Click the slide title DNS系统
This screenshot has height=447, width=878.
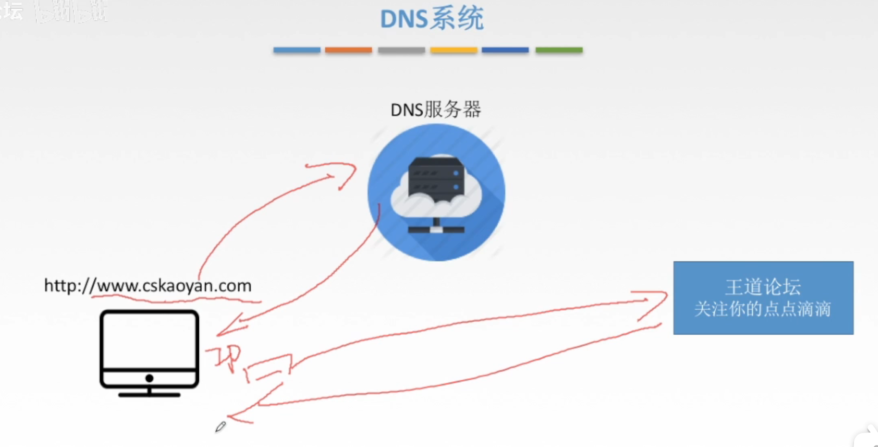(x=432, y=19)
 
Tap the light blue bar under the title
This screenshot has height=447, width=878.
(x=297, y=50)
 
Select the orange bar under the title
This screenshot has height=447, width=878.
(x=348, y=50)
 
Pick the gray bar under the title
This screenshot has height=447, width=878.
(x=401, y=50)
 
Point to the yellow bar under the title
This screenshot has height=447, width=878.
(x=453, y=50)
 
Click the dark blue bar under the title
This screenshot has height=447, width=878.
(x=505, y=50)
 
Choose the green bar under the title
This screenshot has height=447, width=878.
(x=559, y=50)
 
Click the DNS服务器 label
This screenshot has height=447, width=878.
(x=436, y=110)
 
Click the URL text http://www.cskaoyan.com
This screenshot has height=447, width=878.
(x=148, y=286)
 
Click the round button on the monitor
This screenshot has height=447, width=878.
(x=149, y=378)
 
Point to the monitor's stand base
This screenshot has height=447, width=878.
(x=149, y=395)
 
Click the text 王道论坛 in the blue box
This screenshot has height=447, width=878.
(x=763, y=287)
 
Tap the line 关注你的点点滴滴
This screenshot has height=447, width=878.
(x=763, y=309)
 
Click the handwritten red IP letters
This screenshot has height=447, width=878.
(x=225, y=358)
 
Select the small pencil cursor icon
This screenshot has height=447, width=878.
(x=220, y=427)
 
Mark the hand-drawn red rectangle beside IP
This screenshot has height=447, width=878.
(x=270, y=368)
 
